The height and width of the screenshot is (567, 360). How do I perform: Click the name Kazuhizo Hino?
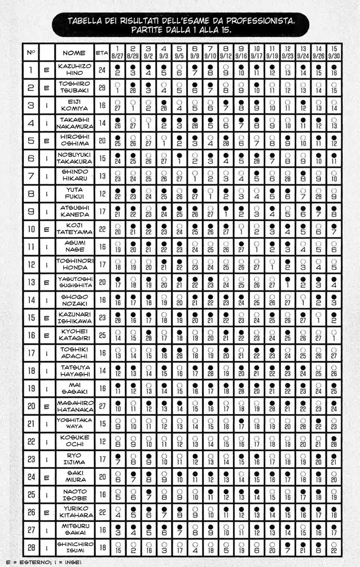[74, 70]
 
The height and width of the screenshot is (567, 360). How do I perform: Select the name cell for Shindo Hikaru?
[74, 175]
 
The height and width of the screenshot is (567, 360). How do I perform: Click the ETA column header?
[102, 52]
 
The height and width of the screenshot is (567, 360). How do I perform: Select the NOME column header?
[74, 52]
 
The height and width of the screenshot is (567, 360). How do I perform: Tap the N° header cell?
[32, 52]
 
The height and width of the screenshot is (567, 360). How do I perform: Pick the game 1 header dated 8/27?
[117, 52]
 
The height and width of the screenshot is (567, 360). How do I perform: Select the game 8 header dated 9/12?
[226, 52]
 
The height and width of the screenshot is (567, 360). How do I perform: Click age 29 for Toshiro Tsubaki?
[102, 88]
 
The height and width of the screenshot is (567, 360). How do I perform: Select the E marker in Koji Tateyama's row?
[47, 228]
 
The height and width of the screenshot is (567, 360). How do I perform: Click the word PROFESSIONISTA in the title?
[260, 21]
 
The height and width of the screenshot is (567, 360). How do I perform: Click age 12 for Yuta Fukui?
[102, 194]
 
